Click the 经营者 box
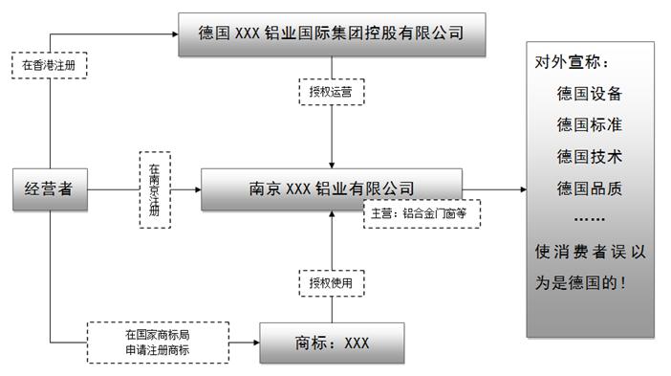[x=49, y=189]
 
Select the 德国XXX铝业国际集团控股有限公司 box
[x=332, y=34]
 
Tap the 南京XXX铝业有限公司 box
[x=332, y=189]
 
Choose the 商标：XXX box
[x=330, y=343]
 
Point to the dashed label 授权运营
[x=331, y=93]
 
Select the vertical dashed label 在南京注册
[x=155, y=189]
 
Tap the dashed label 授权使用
[x=331, y=283]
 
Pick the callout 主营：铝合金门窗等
[x=421, y=214]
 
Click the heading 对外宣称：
[x=571, y=64]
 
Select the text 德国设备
[x=589, y=95]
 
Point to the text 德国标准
[x=589, y=125]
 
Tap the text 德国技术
[x=589, y=157]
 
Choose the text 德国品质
[x=589, y=188]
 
